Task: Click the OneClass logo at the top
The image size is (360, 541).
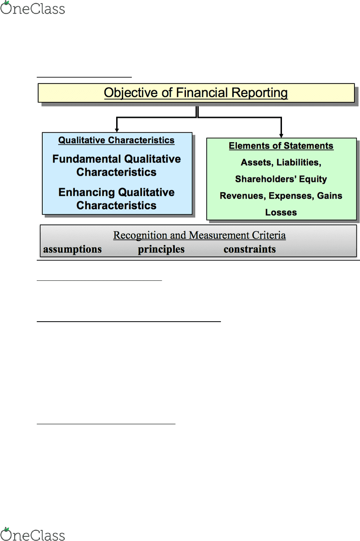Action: [33, 8]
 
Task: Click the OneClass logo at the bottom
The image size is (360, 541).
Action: [33, 534]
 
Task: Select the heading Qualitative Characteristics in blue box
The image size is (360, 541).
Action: [116, 140]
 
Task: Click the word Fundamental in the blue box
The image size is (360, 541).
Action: [86, 159]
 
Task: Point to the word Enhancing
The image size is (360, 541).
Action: [86, 192]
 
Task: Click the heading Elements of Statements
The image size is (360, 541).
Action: [281, 145]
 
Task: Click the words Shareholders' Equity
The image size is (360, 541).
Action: [281, 179]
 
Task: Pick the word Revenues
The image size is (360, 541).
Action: [243, 195]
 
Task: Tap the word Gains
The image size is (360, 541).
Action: [330, 195]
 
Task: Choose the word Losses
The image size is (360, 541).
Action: [281, 212]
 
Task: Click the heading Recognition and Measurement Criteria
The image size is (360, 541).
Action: [199, 235]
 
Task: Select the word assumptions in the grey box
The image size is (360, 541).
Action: [73, 250]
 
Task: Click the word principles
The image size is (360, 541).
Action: [161, 250]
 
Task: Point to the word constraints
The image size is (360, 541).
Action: [249, 249]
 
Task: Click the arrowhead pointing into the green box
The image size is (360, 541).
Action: [281, 135]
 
